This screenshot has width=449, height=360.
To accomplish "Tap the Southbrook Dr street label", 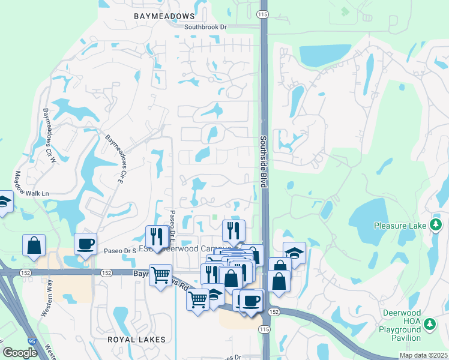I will tap(205, 27).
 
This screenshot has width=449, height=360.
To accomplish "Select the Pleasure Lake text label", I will tap(400, 226).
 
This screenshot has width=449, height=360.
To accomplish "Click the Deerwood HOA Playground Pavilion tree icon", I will tap(429, 325).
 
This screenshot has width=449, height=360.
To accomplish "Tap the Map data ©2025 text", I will tap(423, 355).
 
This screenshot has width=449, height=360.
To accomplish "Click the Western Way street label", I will tap(45, 305).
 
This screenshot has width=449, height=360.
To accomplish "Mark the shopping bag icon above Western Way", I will tap(34, 245).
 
